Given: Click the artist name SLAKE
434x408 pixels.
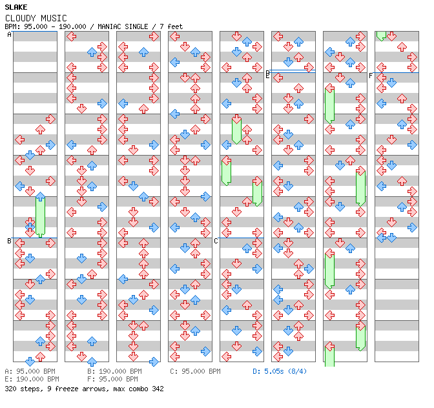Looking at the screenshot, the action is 16,7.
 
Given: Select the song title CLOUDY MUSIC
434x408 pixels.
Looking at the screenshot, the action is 36,18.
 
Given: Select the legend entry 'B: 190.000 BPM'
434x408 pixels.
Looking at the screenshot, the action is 114,371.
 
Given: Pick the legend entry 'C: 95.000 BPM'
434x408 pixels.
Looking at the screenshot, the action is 195,371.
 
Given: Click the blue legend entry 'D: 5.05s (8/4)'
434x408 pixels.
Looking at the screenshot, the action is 280,371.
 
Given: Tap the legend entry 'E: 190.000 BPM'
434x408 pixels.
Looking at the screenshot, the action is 32,379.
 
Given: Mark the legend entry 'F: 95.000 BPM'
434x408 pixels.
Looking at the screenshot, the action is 112,379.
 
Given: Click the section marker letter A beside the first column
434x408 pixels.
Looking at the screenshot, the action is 9,35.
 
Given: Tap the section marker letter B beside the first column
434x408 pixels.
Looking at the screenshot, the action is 9,241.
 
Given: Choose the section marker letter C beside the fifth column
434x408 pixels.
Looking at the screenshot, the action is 216,241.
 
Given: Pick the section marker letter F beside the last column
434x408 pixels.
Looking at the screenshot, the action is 371,76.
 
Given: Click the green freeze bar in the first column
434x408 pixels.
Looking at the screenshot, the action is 41,216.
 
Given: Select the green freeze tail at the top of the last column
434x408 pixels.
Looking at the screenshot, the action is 381,36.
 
